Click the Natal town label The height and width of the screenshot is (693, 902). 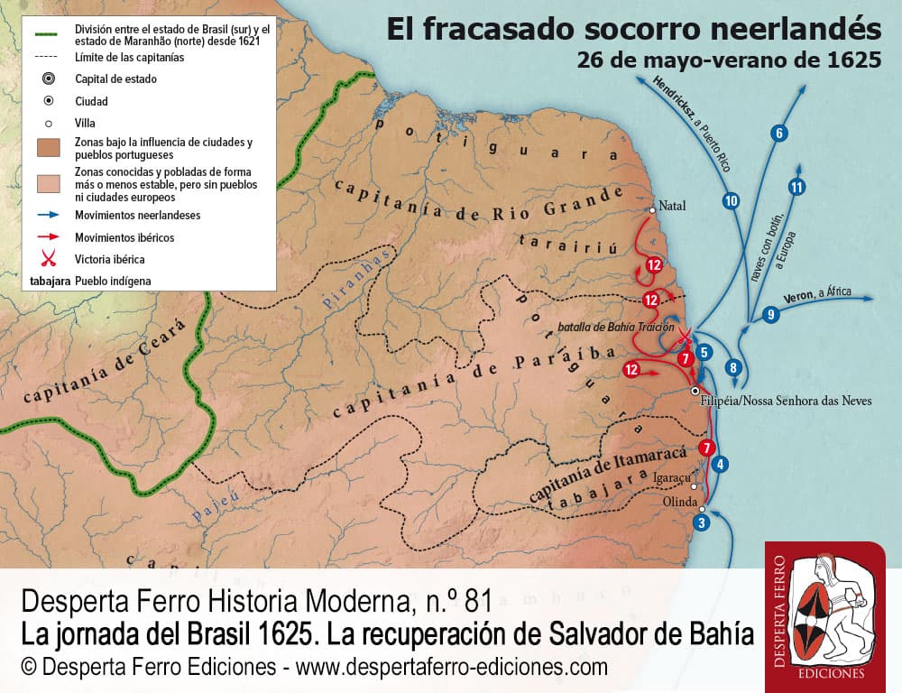tap(672, 206)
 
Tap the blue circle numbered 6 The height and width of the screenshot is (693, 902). tap(779, 134)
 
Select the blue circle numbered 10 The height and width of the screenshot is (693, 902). tap(732, 201)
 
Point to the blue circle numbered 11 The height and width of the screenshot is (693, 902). tap(796, 188)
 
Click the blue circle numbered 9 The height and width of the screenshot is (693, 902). tap(769, 315)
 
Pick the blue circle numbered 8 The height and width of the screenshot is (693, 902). tap(733, 367)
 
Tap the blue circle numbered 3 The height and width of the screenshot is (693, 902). tap(703, 522)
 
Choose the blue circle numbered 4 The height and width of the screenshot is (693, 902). tap(720, 465)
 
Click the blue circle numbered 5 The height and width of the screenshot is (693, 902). tap(705, 352)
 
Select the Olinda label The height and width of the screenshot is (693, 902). tap(680, 502)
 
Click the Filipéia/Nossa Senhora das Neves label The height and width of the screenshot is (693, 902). tap(786, 400)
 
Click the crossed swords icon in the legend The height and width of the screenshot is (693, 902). tap(49, 258)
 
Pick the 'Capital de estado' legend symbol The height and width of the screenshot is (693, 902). tap(49, 79)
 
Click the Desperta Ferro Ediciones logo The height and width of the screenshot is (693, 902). tap(824, 614)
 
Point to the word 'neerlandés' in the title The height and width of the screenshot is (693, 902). tap(795, 31)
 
